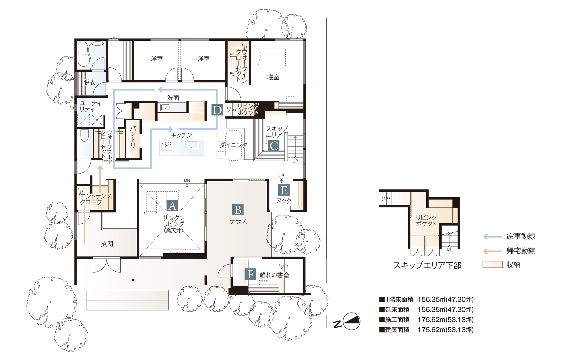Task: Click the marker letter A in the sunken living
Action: coord(172,206)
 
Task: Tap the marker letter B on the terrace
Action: coord(238,210)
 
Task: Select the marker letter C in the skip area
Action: coord(273,146)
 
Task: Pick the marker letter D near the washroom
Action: coord(217,110)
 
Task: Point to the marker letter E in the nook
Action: coord(284,190)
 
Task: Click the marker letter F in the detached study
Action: coord(250,274)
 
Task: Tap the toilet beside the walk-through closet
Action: coord(84,135)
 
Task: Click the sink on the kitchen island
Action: coord(192,145)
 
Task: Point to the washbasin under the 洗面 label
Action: coord(165,107)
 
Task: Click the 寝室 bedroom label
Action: coord(273,77)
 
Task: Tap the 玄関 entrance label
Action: coord(107,244)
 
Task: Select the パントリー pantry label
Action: coord(133,140)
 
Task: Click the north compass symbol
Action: coord(351,321)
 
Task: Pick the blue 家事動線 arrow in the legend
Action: coord(492,237)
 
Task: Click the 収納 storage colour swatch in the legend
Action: coord(492,265)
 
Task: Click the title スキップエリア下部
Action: coord(427,265)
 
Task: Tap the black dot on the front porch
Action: coord(133,280)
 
